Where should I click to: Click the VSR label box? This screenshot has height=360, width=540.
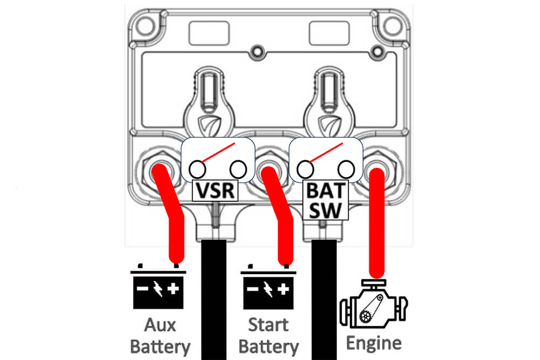click(215, 191)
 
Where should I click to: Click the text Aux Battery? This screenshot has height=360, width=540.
click(160, 336)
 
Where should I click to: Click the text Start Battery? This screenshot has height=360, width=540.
click(268, 336)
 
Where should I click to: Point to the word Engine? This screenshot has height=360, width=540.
click(374, 343)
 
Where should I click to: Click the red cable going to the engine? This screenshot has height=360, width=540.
click(377, 223)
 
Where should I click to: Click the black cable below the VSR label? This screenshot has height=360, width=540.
click(214, 300)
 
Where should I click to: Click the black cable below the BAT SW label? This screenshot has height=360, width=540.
click(324, 300)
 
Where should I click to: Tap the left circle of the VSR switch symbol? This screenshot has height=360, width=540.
click(197, 169)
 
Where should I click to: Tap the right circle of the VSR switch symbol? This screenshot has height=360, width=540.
click(238, 169)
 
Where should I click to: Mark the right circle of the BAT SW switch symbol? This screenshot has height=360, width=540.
click(347, 169)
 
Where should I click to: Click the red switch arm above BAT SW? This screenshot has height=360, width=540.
click(326, 152)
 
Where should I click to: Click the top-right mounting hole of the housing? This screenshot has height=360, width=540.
click(393, 26)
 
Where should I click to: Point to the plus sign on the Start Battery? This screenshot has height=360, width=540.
click(283, 289)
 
